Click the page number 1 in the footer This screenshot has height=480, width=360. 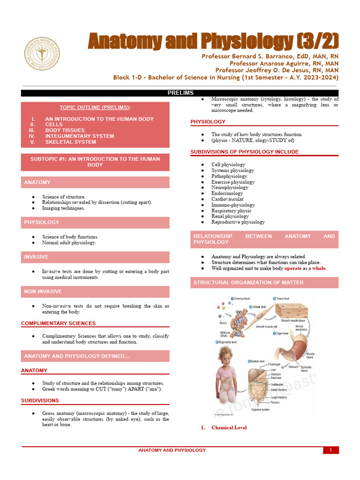tap(330, 450)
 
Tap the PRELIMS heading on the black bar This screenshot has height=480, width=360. tap(180, 93)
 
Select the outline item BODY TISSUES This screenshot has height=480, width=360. tap(65, 130)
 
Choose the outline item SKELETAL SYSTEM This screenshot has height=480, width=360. tap(70, 142)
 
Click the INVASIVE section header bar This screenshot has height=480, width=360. tap(95, 257)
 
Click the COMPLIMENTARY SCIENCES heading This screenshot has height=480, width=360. tap(58, 323)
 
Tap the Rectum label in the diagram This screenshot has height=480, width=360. tap(276, 402)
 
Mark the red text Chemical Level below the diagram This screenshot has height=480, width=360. tap(229, 427)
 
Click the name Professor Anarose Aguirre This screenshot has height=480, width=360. tap(284, 63)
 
